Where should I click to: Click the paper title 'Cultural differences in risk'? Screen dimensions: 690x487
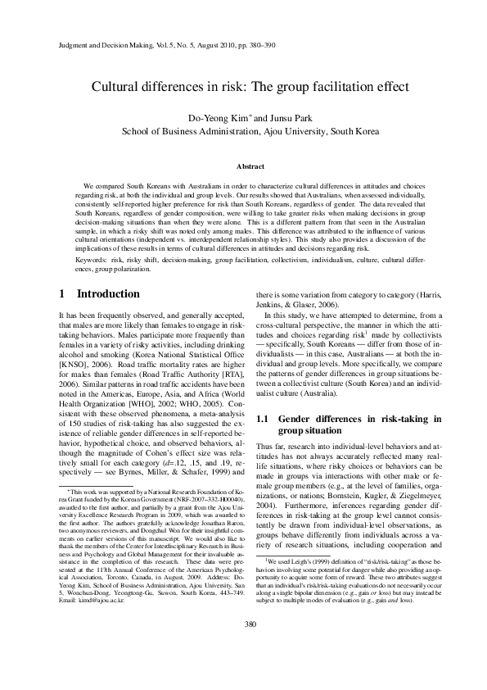243,86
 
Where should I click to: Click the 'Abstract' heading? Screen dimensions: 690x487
243,166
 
